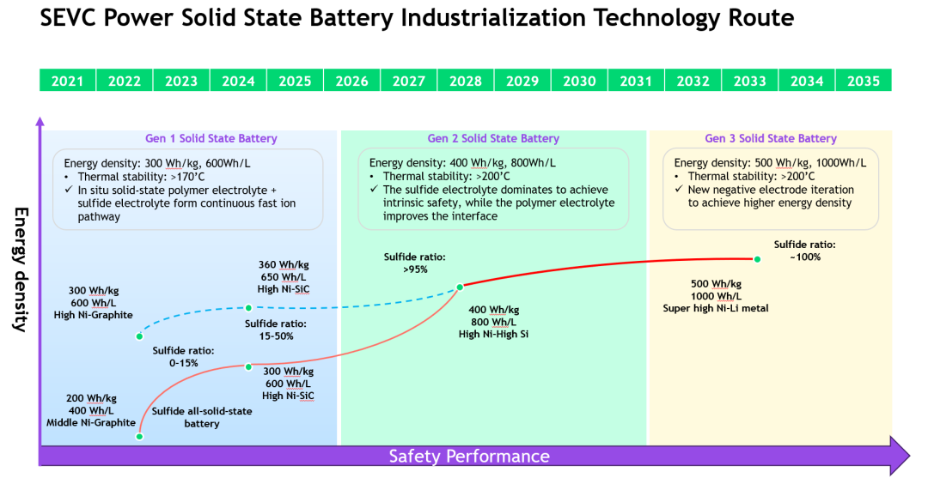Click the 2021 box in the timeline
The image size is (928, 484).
pyautogui.click(x=68, y=81)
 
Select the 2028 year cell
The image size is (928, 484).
pyautogui.click(x=466, y=81)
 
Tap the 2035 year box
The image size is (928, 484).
pyautogui.click(x=864, y=81)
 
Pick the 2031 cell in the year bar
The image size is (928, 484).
pyautogui.click(x=636, y=81)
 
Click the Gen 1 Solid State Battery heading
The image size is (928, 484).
pyautogui.click(x=211, y=138)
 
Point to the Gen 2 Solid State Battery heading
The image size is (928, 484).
pyautogui.click(x=493, y=138)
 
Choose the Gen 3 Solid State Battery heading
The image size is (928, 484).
pyautogui.click(x=771, y=138)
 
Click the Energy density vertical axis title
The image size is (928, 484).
pyautogui.click(x=21, y=269)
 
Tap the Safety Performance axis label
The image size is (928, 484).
pyautogui.click(x=469, y=457)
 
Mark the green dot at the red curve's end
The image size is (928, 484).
pyautogui.click(x=757, y=259)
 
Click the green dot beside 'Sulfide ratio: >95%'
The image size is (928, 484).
pyautogui.click(x=460, y=287)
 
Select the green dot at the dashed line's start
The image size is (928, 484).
pyautogui.click(x=139, y=336)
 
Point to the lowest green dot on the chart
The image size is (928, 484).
pyautogui.click(x=139, y=437)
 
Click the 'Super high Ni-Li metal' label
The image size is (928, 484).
pyautogui.click(x=716, y=308)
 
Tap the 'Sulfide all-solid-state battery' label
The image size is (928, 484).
pyautogui.click(x=202, y=417)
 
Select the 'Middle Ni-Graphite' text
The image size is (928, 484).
pyautogui.click(x=91, y=422)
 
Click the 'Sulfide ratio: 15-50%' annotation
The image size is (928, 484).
pyautogui.click(x=275, y=330)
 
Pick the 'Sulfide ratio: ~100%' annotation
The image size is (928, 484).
pyautogui.click(x=804, y=250)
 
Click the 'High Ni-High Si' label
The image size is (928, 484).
pyautogui.click(x=493, y=334)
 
